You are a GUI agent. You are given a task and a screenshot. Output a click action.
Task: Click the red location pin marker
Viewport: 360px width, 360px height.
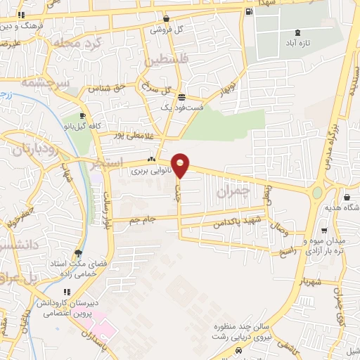pos(181,165)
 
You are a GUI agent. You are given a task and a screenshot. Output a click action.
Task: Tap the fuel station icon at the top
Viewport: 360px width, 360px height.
pos(248,12)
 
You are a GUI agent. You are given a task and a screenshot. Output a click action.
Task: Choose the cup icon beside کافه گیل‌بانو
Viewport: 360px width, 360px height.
pos(83,116)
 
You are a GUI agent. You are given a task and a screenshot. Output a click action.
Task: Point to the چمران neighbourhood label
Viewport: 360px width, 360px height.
pos(234,191)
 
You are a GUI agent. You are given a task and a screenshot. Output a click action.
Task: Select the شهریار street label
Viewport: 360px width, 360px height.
pos(310,281)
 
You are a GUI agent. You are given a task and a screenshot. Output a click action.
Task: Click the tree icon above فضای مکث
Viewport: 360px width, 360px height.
pos(78,254)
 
